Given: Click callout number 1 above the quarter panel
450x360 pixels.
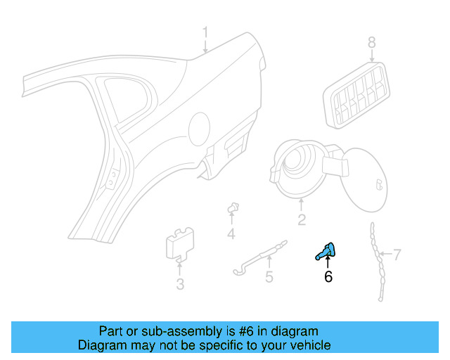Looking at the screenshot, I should click(205, 32).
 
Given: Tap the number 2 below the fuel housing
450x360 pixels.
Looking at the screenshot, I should click(301, 221).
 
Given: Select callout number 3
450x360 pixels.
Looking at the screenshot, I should click(180, 284).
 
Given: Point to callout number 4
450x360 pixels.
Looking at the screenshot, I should click(231, 233).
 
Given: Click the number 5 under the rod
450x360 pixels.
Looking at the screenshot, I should click(269, 278).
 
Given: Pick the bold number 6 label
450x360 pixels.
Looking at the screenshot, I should click(328, 277).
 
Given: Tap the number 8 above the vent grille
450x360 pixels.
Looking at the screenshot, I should click(372, 44).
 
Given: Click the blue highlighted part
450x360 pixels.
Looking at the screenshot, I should click(326, 250).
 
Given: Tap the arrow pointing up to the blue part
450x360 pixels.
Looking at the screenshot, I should click(328, 263).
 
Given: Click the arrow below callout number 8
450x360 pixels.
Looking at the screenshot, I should click(372, 58).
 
